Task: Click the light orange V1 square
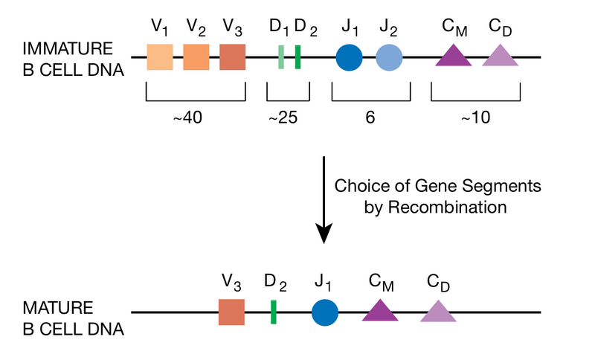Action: tap(160, 57)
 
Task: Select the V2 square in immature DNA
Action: tap(196, 57)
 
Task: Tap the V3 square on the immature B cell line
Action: tap(233, 57)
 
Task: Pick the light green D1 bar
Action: tap(281, 57)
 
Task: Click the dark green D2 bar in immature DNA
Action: tap(297, 57)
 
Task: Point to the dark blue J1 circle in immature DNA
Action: tap(349, 57)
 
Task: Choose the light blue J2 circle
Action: tap(389, 57)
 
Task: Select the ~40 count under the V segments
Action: tap(196, 118)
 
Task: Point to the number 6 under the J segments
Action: tap(370, 118)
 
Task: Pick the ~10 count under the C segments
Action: tap(475, 118)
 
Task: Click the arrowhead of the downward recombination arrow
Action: tap(324, 234)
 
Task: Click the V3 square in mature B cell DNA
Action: tap(231, 312)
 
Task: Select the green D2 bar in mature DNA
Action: tap(274, 312)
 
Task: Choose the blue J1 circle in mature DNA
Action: tap(325, 312)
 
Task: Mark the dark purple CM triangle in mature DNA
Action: tap(380, 312)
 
